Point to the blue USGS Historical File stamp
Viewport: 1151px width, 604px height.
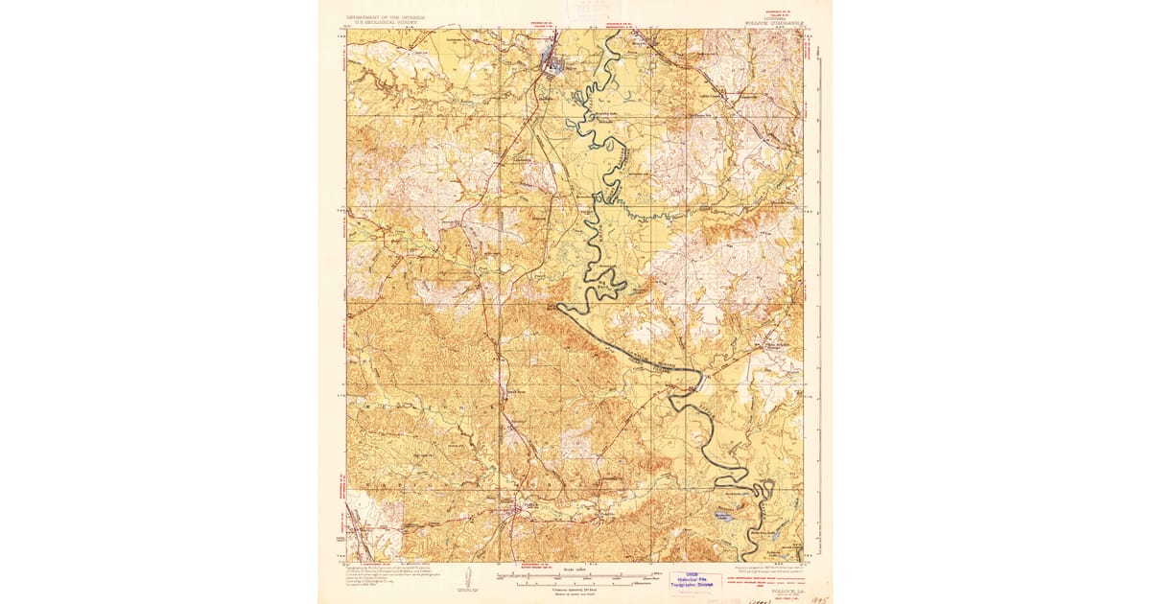[697, 581]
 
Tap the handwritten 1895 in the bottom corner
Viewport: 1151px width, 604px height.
[816, 593]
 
